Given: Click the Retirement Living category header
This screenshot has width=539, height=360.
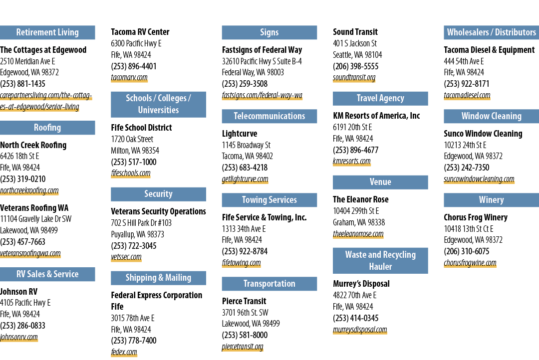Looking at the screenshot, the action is pos(47,32).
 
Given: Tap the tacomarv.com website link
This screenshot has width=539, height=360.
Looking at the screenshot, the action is pos(129,78).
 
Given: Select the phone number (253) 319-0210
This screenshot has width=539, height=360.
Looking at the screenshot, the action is pos(22,179).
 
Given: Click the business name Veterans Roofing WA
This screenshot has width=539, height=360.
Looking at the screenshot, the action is pos(34,208).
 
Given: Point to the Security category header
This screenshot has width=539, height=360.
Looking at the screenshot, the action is pos(159,194).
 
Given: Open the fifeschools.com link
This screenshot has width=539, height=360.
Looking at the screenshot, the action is pos(131,173).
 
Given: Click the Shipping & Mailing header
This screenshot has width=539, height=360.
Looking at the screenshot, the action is pos(159,278).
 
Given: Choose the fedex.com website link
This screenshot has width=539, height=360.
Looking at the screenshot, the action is pos(124,352).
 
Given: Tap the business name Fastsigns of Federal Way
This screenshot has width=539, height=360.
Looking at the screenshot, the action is pos(262,50).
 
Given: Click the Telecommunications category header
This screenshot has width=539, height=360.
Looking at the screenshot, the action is pos(269,116).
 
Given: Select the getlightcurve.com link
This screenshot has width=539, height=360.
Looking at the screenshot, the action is pos(245,179).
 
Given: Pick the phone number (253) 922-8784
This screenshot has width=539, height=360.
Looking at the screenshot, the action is pos(245,251).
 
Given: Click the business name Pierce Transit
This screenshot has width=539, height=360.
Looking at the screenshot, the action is pos(244,301).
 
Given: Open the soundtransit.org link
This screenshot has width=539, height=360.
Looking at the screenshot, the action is pos(354,78).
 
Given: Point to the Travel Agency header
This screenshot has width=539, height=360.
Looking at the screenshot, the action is pos(380,98).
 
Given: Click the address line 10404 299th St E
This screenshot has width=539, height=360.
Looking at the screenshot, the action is pos(356,211).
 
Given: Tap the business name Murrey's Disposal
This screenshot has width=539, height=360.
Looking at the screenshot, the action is pos(361,284).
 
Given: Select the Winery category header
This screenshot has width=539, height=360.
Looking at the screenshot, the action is pos(492,200).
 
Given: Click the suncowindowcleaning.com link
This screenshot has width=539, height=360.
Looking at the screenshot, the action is pos(479,179).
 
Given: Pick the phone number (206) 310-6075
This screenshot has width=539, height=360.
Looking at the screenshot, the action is pos(467,251).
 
